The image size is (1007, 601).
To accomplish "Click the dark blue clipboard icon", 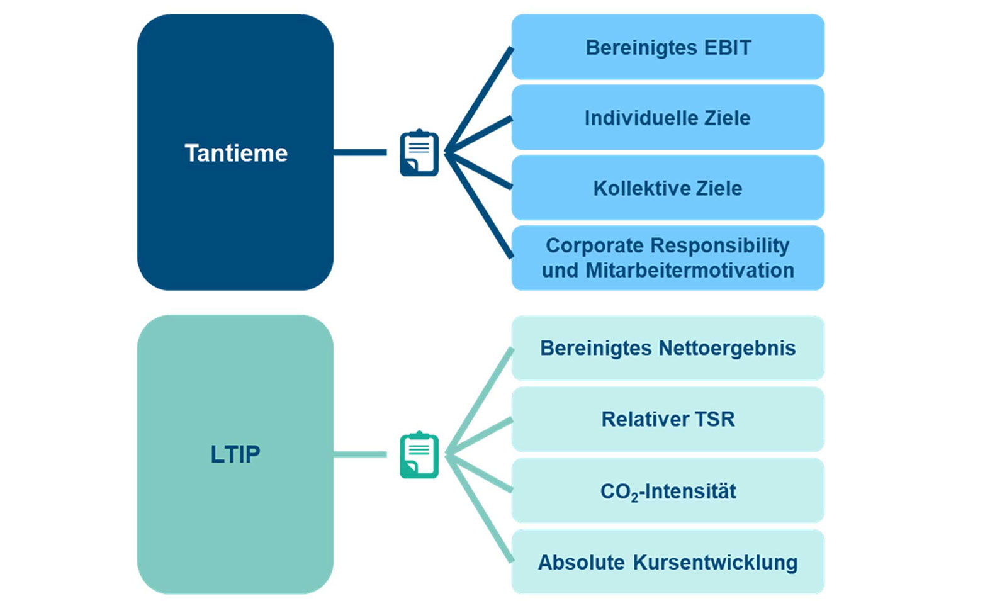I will [419, 153].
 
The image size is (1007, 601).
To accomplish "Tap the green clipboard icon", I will [419, 455].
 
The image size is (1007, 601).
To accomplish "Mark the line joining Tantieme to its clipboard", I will [360, 152].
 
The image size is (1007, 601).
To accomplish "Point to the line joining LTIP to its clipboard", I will [360, 454].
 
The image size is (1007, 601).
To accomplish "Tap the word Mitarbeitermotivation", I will [690, 271].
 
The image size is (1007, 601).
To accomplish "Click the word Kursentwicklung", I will [715, 563].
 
